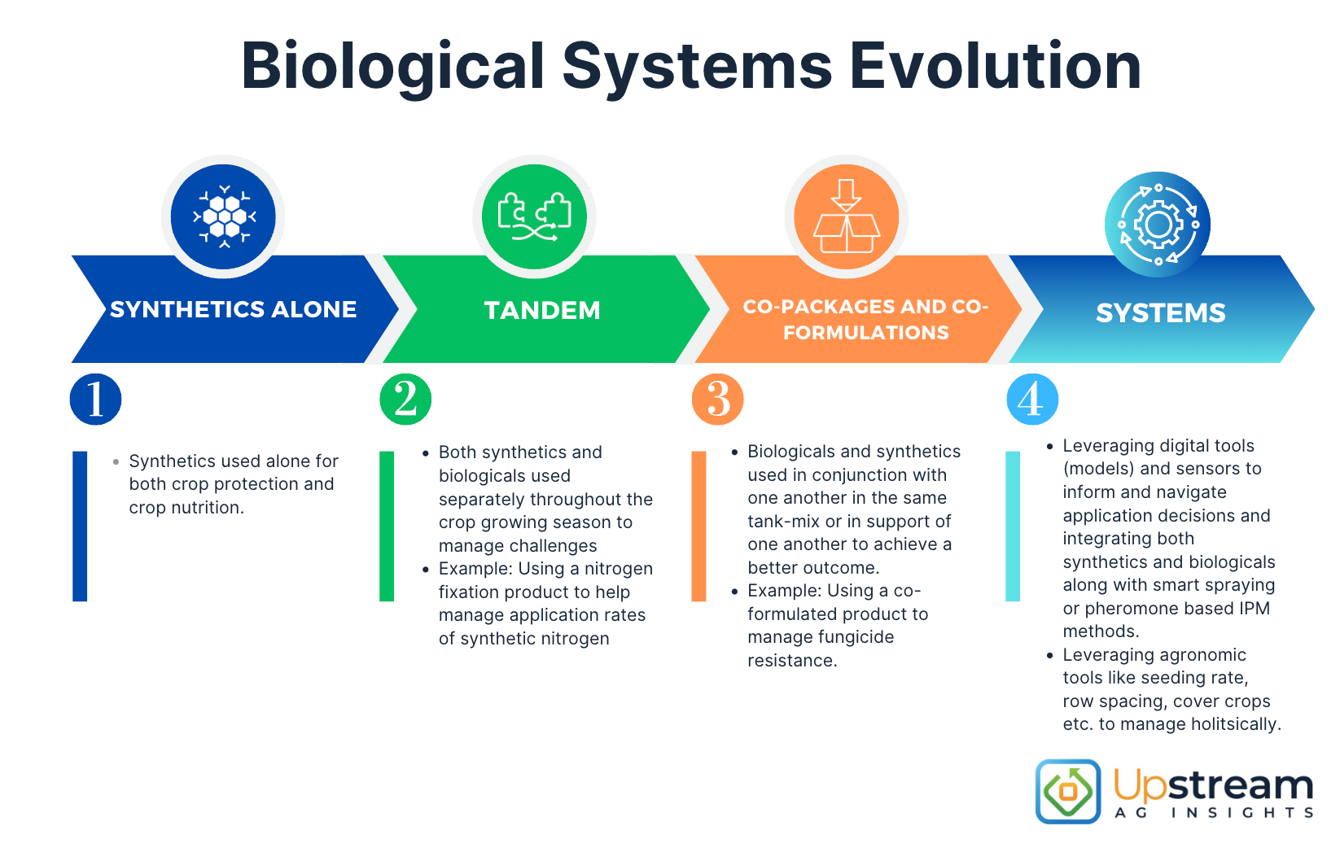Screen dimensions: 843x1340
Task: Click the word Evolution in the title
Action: point(995,67)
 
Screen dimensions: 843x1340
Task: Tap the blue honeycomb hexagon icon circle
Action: point(223,216)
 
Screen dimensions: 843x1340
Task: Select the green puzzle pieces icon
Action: point(534,216)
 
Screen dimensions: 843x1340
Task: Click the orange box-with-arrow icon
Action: point(847,216)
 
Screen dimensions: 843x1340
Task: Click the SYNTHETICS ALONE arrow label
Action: point(233,310)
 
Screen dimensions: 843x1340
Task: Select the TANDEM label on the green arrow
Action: point(542,311)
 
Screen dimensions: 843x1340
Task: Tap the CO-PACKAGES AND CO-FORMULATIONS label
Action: point(865,320)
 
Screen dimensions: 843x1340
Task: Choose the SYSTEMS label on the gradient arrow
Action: point(1160,313)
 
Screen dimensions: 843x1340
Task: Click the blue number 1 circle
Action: point(95,400)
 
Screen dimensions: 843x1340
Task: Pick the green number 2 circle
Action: point(405,400)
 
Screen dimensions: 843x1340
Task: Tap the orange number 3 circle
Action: point(718,400)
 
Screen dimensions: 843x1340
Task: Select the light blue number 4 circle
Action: point(1032,400)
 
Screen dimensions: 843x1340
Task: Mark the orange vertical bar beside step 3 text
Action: point(698,526)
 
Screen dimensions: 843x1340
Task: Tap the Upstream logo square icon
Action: point(1068,791)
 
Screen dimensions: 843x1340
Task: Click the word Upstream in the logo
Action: point(1213,786)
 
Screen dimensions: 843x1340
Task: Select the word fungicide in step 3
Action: point(854,637)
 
